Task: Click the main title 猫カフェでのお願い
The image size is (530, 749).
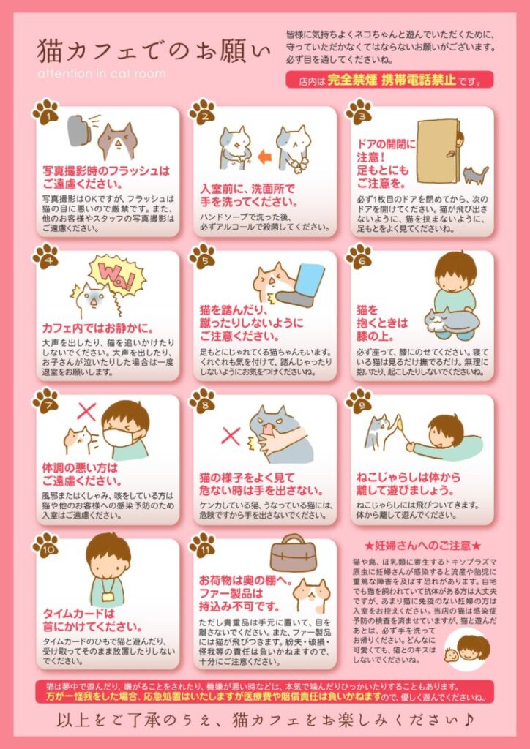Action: tap(154, 51)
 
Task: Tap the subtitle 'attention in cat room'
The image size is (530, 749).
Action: tap(101, 74)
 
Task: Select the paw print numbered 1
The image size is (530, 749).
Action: tap(45, 112)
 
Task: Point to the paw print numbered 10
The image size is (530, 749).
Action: tap(45, 545)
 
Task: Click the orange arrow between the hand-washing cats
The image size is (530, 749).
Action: tap(261, 155)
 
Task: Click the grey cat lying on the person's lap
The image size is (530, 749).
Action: tap(451, 320)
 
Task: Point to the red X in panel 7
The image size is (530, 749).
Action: tap(86, 411)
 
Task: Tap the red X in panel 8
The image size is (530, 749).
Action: tap(231, 436)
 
